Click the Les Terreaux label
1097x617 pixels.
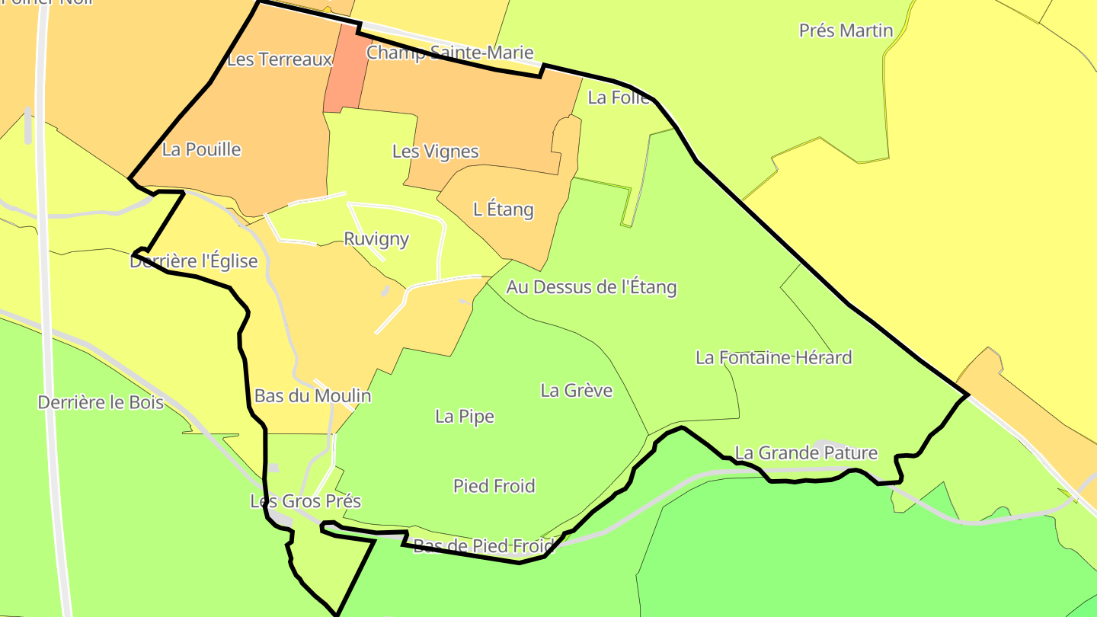(280, 59)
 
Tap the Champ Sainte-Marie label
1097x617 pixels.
(449, 53)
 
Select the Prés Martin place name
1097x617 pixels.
(846, 30)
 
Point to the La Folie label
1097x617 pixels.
(619, 98)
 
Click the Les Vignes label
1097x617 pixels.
(435, 152)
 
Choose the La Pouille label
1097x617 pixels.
(201, 149)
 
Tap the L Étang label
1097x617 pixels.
(503, 209)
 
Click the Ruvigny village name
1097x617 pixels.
(376, 239)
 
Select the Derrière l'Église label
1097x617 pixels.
(193, 262)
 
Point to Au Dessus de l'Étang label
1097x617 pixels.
(591, 287)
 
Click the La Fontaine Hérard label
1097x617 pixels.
(773, 357)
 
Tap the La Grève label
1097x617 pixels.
(576, 391)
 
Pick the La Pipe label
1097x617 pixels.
(465, 417)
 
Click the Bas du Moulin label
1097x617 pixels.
(312, 396)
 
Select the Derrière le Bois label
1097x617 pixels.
(101, 402)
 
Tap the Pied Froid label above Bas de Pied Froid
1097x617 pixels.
(494, 486)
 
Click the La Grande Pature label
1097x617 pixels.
(806, 453)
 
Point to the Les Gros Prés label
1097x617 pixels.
(305, 501)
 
